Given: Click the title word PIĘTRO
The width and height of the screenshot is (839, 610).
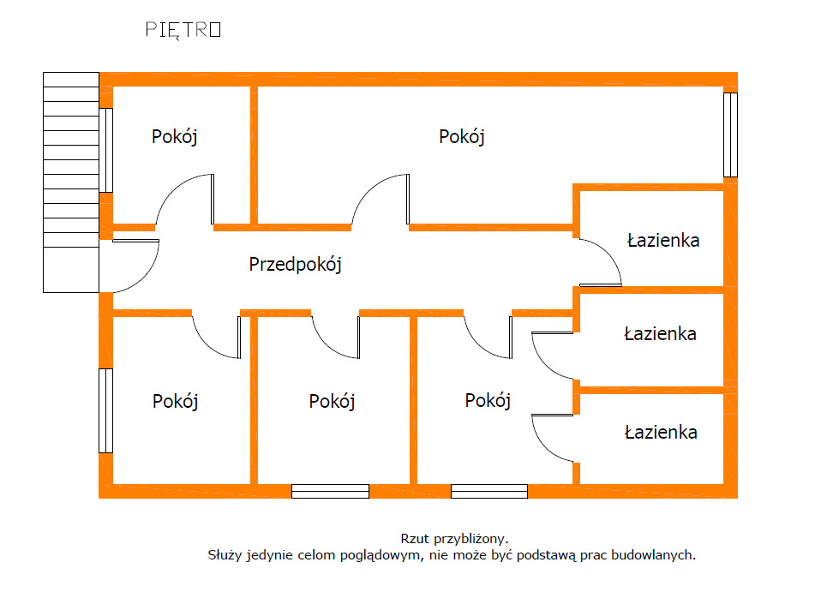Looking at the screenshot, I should coord(183,29).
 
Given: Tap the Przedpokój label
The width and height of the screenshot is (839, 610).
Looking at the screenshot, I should coord(295,265).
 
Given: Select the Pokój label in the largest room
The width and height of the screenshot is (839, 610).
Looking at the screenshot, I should coord(462,137).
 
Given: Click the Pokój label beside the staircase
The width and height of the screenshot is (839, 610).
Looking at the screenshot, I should coord(175,137).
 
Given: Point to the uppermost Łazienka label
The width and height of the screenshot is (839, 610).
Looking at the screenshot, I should coord(662,240).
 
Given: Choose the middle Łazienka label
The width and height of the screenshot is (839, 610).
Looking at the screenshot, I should coord(660,334).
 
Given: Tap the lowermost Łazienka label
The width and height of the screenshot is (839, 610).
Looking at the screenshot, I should coord(660,433).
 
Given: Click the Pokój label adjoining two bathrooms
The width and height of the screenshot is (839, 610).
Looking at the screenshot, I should coord(488,401).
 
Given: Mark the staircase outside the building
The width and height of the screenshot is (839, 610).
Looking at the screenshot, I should coord(70,182).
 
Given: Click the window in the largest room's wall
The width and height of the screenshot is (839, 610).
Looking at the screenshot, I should coord(730,135).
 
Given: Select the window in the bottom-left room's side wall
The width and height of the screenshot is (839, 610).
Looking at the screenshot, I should coord(105,410).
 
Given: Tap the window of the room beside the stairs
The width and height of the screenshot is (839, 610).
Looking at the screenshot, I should coord(105,150).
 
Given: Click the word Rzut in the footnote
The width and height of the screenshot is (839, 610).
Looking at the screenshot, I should coord(415,539).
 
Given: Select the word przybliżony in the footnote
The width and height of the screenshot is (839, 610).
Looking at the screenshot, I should coord(470,540).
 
